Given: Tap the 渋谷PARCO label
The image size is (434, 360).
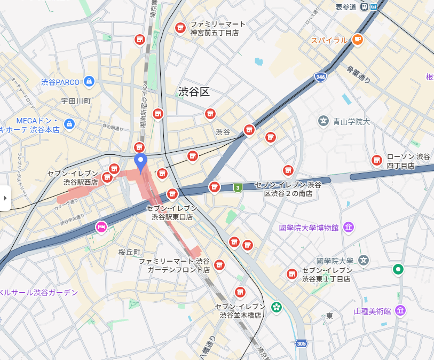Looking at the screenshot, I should [60, 82].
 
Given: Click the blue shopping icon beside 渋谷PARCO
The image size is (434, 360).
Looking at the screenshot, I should [89, 82].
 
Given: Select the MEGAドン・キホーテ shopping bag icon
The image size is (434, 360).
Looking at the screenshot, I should [69, 124].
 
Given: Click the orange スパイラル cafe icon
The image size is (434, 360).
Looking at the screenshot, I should [357, 39].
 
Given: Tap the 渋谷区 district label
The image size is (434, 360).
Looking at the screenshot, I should [194, 92].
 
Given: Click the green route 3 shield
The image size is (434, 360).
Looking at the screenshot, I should [237, 187].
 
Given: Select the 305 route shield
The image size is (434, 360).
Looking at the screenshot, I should [302, 344].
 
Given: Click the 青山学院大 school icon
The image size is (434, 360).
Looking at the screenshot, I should [323, 121].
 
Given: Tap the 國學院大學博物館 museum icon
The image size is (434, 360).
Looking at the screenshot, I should [349, 228].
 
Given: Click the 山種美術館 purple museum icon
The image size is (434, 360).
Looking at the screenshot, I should [400, 311].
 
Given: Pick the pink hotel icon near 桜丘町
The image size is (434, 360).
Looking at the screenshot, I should [101, 228].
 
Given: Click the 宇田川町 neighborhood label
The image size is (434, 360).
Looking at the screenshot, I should [76, 100].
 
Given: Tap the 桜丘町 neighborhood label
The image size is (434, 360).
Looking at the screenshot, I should [129, 252].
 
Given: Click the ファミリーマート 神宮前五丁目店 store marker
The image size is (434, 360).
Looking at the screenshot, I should [180, 28].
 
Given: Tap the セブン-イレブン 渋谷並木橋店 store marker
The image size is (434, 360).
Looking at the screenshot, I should [240, 292].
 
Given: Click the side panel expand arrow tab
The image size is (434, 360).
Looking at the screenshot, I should [5, 198].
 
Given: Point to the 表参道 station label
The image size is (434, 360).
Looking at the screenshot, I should [346, 7].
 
